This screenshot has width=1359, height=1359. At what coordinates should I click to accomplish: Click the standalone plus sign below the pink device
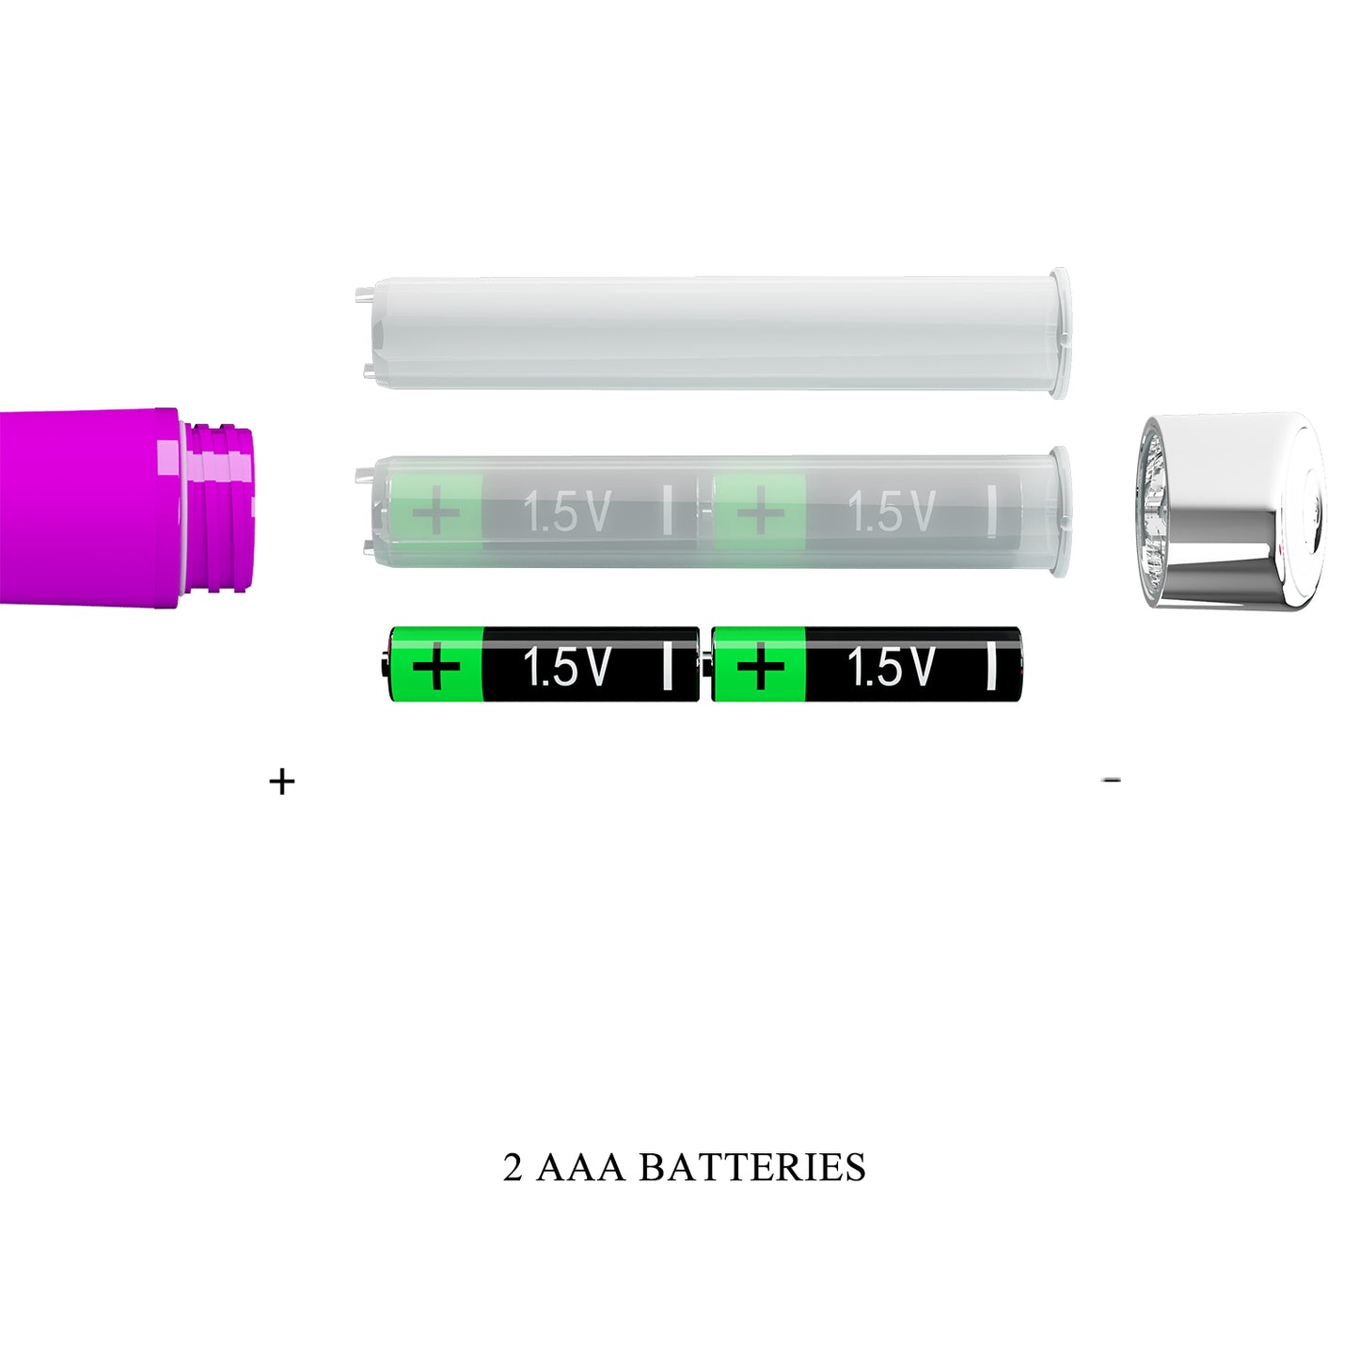click(x=281, y=782)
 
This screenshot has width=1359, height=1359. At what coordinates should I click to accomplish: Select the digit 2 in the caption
click(x=513, y=1168)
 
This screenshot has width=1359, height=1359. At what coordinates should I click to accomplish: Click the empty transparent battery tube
click(x=713, y=334)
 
